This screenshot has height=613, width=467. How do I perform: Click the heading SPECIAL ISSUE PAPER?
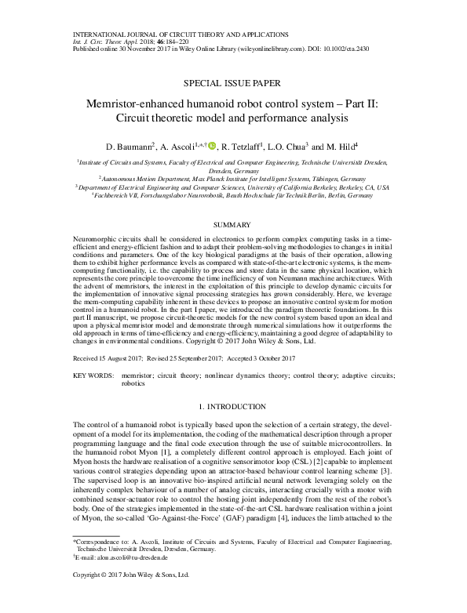click(233, 82)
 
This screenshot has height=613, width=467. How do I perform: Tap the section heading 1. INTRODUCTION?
click(233, 408)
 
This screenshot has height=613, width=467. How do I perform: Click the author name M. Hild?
click(343, 146)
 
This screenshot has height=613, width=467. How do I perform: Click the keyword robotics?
click(134, 385)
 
